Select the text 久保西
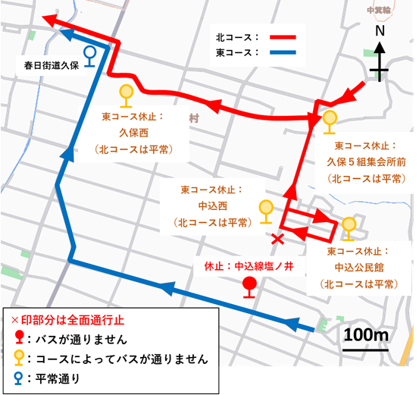(127, 134)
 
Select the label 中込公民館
(358, 268)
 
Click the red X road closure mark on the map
(277, 240)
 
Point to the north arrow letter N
(380, 32)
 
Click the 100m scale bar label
(365, 334)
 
